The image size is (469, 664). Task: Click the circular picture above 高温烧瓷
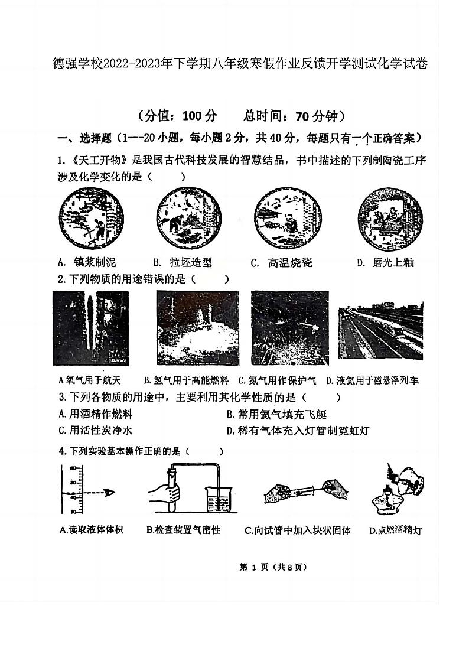point(286,222)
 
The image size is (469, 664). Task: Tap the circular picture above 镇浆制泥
point(92,222)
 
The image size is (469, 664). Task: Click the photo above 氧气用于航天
point(90,328)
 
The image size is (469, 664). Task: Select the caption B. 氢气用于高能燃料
point(186,381)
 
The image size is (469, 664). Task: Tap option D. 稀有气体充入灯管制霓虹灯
point(298,431)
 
